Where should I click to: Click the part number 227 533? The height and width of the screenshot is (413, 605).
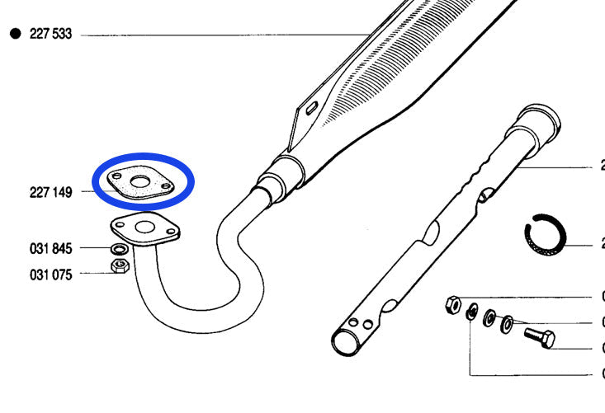click(50, 35)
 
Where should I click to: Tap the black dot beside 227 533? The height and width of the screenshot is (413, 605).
click(15, 35)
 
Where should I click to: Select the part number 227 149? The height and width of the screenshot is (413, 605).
click(50, 192)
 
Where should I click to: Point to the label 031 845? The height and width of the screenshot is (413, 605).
click(50, 248)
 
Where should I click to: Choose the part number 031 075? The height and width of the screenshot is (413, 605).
click(50, 275)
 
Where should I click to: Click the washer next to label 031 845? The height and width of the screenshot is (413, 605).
click(119, 249)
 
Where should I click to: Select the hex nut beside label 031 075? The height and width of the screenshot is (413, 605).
click(119, 266)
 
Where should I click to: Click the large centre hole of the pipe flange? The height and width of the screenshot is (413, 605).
click(147, 228)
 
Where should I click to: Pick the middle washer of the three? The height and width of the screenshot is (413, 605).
click(489, 317)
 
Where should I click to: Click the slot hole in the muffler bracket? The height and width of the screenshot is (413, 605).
click(311, 107)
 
